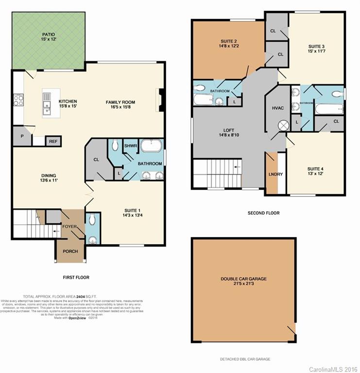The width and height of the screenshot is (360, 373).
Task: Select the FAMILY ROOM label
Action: pos(120,102)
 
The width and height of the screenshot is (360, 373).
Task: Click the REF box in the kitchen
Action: pos(52,141)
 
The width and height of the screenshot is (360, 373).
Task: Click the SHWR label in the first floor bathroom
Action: pos(130,146)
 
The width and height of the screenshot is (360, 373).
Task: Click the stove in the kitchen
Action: pos(18,100)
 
